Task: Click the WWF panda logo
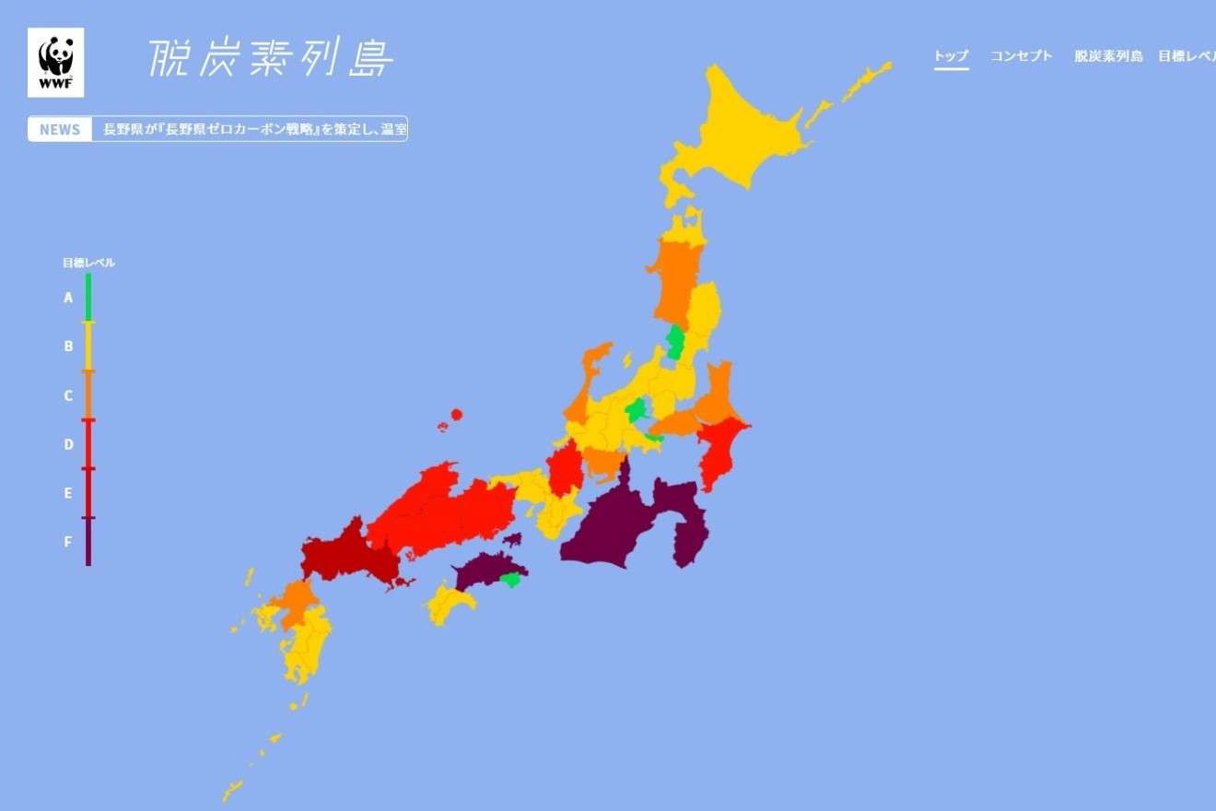(55, 62)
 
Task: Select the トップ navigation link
(952, 56)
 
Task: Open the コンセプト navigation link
(1021, 56)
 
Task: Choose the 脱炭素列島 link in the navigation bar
(1108, 56)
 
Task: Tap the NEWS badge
(60, 129)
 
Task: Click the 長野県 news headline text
(254, 129)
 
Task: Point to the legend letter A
(68, 298)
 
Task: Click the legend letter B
(68, 347)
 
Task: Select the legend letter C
(68, 395)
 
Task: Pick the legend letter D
(68, 444)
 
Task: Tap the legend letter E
(68, 493)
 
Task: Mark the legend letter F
(68, 542)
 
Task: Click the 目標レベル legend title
(88, 263)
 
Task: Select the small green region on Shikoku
(509, 580)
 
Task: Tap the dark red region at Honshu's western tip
(345, 553)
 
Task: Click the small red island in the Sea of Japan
(456, 415)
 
